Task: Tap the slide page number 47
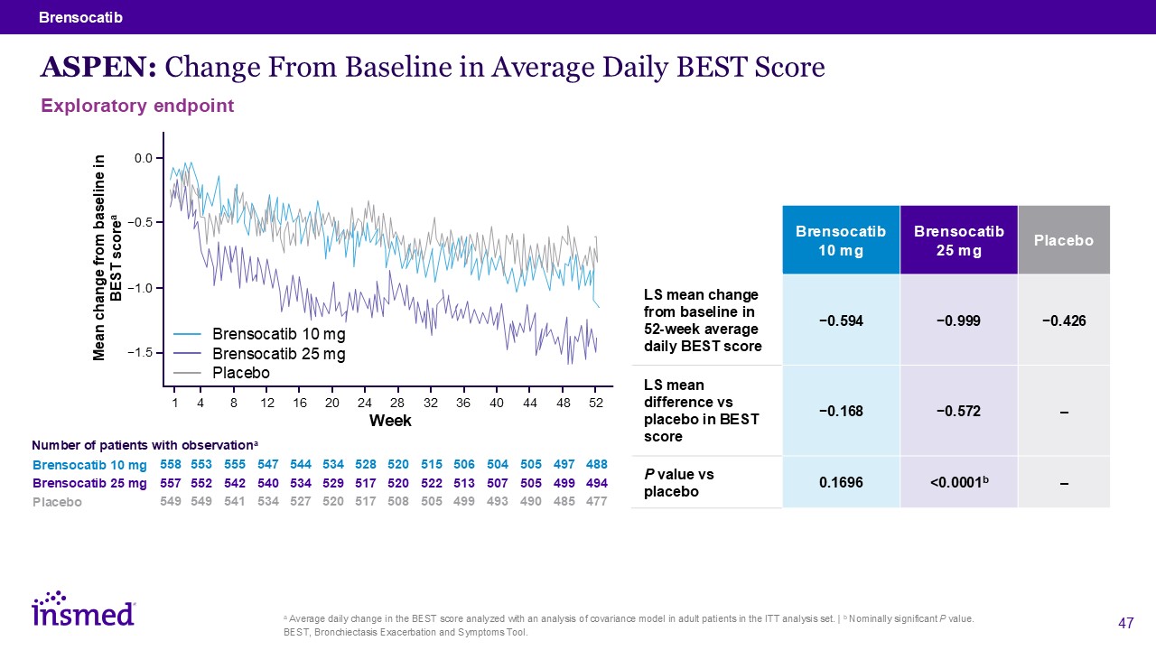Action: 1125,623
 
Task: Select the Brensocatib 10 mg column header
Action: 840,240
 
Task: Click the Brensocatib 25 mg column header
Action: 958,240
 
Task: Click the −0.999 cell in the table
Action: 958,320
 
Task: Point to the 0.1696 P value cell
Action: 840,483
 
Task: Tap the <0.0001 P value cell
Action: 958,483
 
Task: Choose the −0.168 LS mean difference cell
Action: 840,412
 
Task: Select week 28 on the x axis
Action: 397,403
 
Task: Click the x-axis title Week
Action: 390,421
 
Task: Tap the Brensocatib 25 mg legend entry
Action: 278,354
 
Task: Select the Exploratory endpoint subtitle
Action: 137,106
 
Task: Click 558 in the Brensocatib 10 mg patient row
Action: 170,464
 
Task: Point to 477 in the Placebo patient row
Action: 596,502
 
